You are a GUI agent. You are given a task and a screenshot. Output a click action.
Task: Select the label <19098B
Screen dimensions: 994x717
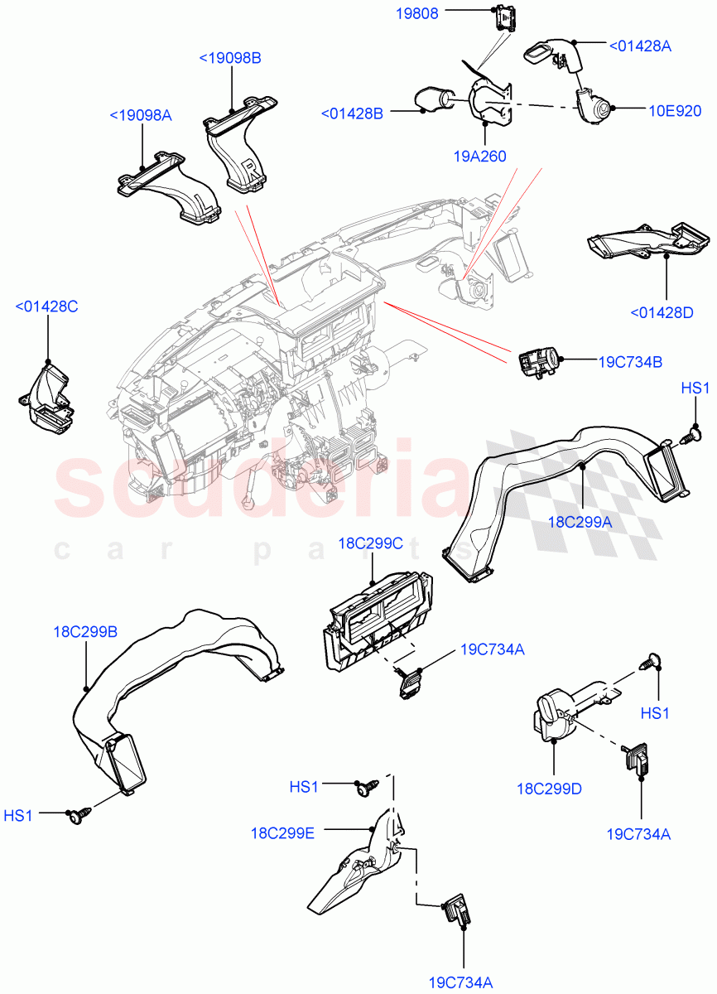pos(230,58)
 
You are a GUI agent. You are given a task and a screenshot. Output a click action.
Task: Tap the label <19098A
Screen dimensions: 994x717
pos(141,115)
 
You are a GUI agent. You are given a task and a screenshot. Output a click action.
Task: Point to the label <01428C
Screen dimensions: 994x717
pos(46,307)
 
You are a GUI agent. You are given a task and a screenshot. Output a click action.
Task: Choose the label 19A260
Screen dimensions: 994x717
pos(479,156)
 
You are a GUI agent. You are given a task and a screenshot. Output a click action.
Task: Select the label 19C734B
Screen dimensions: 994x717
pos(630,361)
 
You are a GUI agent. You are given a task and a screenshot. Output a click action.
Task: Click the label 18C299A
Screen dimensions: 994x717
pos(580,522)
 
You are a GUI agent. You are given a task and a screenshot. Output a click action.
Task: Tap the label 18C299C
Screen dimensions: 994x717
pos(370,543)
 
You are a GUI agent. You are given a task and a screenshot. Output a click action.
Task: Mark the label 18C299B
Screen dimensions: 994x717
pos(85,632)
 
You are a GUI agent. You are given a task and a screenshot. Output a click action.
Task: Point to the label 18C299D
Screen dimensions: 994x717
pos(549,789)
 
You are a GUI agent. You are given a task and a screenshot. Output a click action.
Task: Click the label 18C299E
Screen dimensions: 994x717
pos(282,832)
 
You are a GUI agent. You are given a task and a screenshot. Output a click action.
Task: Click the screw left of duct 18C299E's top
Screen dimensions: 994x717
pos(364,786)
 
